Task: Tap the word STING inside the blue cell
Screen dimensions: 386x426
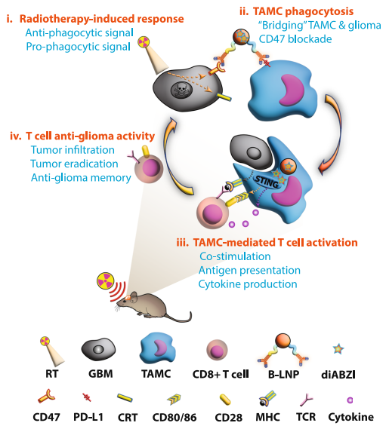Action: [x=267, y=182]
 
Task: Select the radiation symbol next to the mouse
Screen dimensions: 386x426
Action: [x=105, y=280]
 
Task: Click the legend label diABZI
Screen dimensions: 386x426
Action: [x=338, y=375]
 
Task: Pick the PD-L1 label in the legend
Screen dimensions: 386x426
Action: [x=88, y=417]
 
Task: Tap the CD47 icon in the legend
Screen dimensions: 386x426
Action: [x=46, y=397]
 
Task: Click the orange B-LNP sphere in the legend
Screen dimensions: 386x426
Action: [x=283, y=340]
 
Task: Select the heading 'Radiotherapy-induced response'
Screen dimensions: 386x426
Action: [x=102, y=19]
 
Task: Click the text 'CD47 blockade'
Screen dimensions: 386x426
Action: [x=295, y=39]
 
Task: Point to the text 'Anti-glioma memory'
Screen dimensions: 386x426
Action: [x=81, y=177]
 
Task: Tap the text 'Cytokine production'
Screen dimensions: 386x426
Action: [x=248, y=284]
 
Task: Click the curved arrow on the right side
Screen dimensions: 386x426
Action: [x=336, y=133]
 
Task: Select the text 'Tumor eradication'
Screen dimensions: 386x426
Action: [x=74, y=164]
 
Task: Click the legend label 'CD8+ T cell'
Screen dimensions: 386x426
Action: [x=221, y=374]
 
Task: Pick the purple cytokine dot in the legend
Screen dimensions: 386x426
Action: [x=350, y=400]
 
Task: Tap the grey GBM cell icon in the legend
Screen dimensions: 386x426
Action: [x=98, y=349]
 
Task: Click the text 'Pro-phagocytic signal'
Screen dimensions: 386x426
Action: [x=78, y=47]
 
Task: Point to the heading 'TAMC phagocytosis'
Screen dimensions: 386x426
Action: [x=303, y=11]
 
